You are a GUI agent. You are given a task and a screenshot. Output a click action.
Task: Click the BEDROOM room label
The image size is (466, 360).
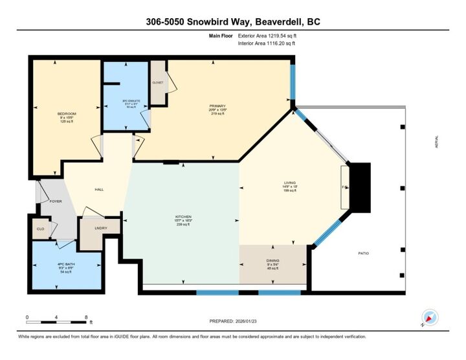67,114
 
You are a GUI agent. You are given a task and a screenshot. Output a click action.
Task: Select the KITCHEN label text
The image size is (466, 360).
183,216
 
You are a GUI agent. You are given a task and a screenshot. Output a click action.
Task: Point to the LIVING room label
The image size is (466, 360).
289,183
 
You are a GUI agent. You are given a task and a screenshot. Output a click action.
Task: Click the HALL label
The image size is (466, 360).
100,189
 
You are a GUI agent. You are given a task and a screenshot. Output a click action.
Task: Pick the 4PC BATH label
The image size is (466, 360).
67,264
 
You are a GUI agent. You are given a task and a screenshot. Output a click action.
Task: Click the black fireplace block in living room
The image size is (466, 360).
359,188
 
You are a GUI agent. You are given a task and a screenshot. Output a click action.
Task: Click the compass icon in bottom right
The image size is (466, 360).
429,318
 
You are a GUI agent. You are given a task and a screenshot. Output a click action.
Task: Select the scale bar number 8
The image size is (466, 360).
86,317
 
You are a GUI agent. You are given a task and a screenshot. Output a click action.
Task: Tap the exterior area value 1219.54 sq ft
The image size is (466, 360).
271,36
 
